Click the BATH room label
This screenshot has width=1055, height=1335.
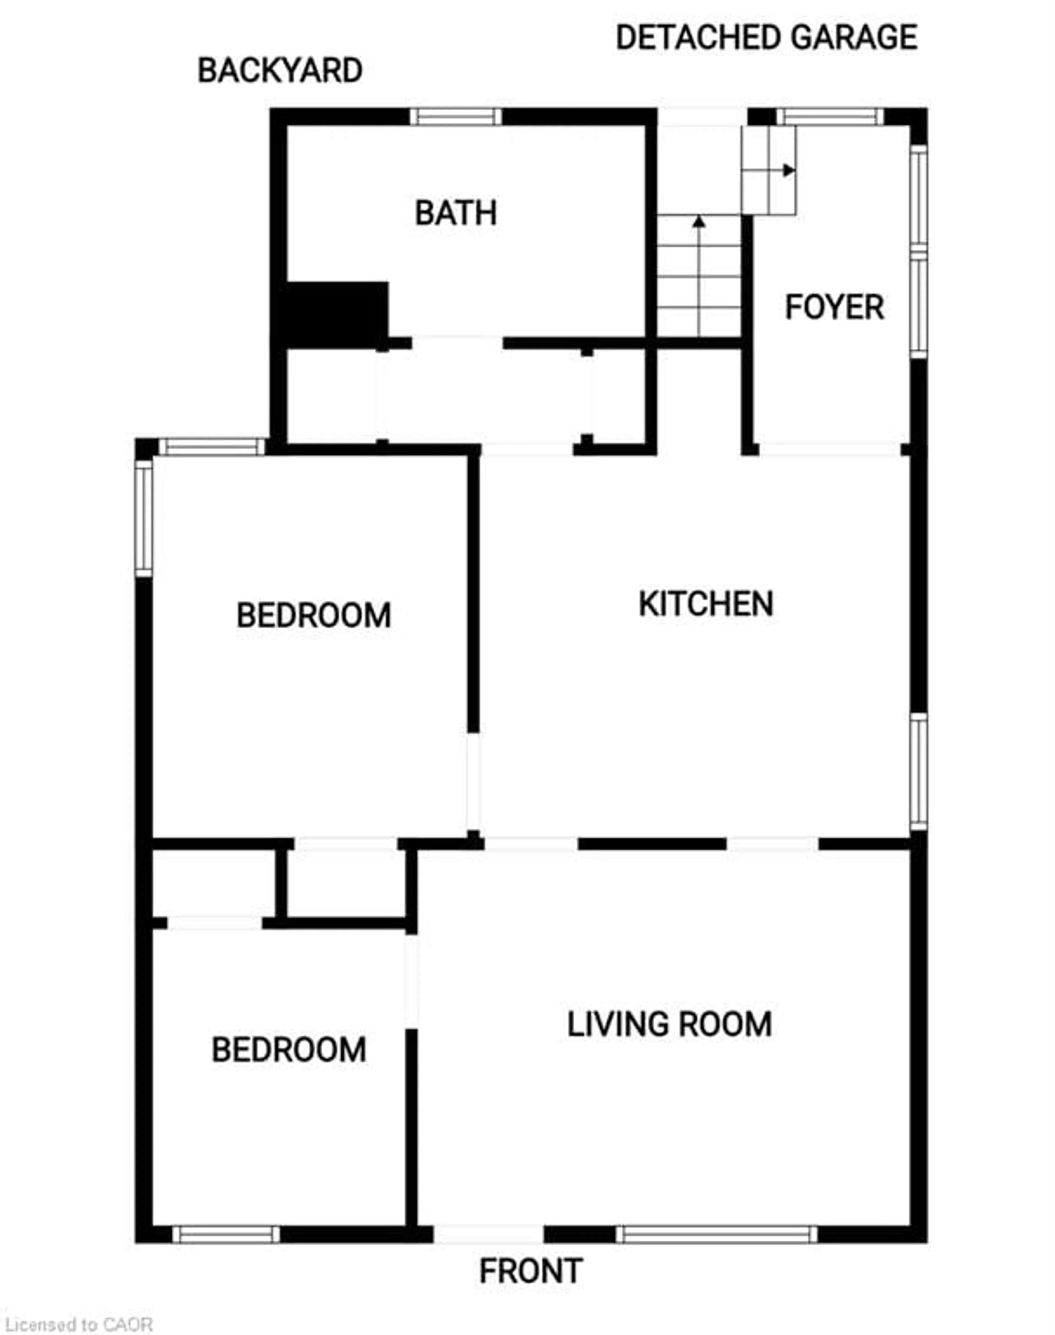[456, 213]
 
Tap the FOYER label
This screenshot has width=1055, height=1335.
[834, 307]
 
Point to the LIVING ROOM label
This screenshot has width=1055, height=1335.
[670, 1024]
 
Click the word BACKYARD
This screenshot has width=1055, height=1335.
[280, 70]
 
